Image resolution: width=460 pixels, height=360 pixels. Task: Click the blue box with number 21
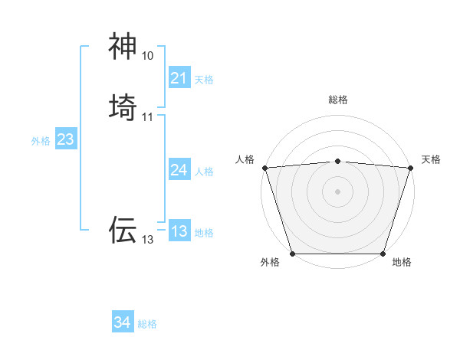[179, 78]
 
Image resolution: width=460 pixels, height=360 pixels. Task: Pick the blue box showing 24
[179, 170]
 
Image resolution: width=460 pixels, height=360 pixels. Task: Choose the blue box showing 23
[65, 139]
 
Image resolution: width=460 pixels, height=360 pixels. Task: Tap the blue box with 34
[122, 322]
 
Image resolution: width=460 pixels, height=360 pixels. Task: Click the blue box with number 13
[179, 231]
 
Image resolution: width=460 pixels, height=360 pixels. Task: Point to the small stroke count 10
[148, 56]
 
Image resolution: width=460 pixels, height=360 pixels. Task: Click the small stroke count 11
[148, 117]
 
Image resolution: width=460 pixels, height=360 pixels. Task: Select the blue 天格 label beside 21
[204, 80]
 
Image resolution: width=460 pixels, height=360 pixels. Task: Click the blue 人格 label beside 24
[204, 172]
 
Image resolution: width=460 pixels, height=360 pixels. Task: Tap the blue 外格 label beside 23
[41, 141]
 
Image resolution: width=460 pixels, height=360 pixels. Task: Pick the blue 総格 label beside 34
[147, 324]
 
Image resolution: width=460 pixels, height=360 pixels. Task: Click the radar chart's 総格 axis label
[337, 100]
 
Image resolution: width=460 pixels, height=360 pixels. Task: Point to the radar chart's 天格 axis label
[431, 159]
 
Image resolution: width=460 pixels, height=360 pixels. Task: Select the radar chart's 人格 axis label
[245, 159]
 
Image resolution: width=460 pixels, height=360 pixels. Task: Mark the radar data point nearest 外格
[292, 253]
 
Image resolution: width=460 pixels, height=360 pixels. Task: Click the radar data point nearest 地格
[383, 253]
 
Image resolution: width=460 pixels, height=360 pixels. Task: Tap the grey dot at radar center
[337, 191]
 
